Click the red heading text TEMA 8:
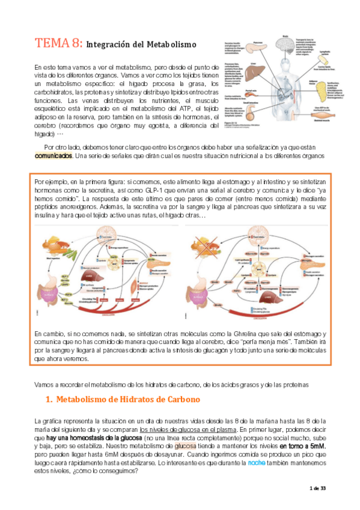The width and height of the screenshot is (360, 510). coord(58,43)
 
